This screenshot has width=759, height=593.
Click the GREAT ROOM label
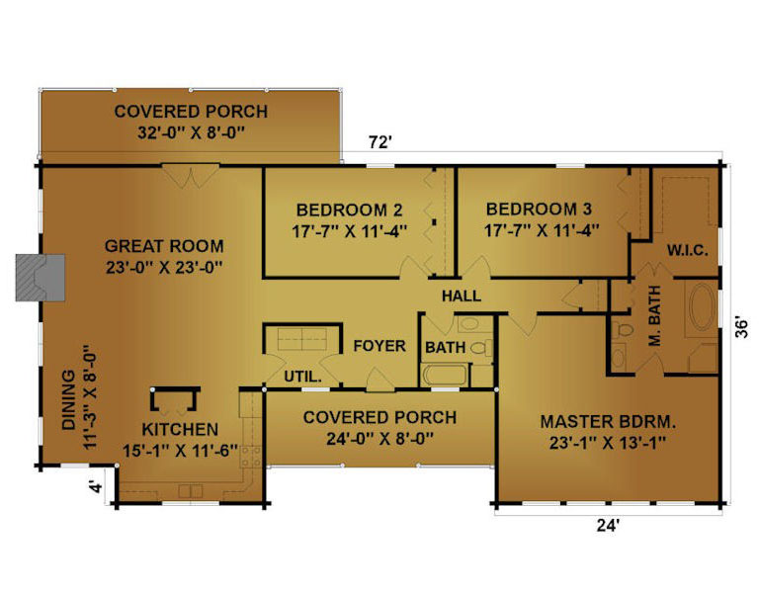tap(164, 246)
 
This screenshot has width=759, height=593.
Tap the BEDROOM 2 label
tap(349, 211)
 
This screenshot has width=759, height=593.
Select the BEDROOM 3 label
tap(539, 210)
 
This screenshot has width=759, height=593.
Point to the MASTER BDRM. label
tap(608, 422)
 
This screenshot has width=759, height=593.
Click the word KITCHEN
tap(180, 429)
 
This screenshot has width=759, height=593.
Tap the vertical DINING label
tap(69, 400)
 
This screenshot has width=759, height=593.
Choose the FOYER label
tap(379, 346)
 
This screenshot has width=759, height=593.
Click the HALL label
tap(462, 296)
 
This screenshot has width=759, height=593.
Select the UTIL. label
tap(302, 377)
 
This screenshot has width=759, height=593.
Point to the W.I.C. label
tap(688, 251)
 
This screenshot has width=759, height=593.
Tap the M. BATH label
tap(654, 315)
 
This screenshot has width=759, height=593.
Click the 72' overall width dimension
tap(379, 142)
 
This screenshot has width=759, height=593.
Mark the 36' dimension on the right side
tap(741, 328)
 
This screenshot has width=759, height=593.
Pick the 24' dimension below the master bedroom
tap(608, 525)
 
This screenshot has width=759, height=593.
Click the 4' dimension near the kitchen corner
tap(97, 486)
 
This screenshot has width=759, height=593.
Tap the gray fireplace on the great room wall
tap(41, 278)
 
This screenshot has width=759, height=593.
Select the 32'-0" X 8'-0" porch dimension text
tap(191, 132)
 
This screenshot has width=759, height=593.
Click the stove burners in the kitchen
tap(251, 457)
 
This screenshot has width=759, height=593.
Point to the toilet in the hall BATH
tap(480, 348)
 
